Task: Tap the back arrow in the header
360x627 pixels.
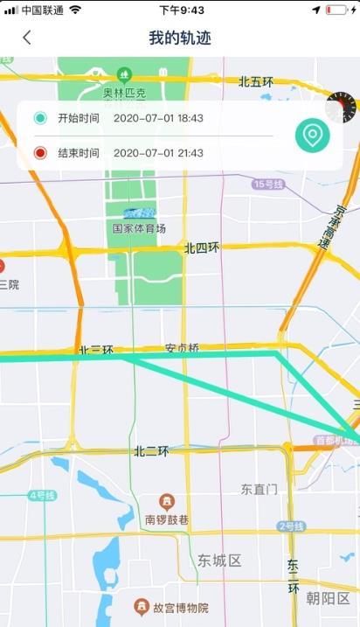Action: coord(27,38)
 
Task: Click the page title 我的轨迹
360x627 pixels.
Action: coord(180,38)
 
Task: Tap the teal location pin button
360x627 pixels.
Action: coord(312,136)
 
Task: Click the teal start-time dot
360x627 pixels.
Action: coord(40,118)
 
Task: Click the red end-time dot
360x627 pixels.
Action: coord(40,153)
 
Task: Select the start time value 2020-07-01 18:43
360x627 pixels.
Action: coord(158,118)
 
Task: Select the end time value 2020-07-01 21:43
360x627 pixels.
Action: coord(158,153)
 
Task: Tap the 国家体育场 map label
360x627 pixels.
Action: coord(139,228)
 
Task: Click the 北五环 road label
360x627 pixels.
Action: coord(256,82)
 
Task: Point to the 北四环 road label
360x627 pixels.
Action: coord(202,248)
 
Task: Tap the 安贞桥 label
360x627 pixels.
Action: coord(182,349)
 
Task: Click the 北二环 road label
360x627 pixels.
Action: coord(151,451)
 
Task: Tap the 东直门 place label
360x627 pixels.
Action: coord(260,489)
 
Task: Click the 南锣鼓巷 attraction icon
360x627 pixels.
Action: coord(167,501)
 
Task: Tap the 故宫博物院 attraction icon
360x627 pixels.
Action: coord(141,606)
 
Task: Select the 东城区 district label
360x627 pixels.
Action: coord(218,561)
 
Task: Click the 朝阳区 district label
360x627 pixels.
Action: coord(328,599)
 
